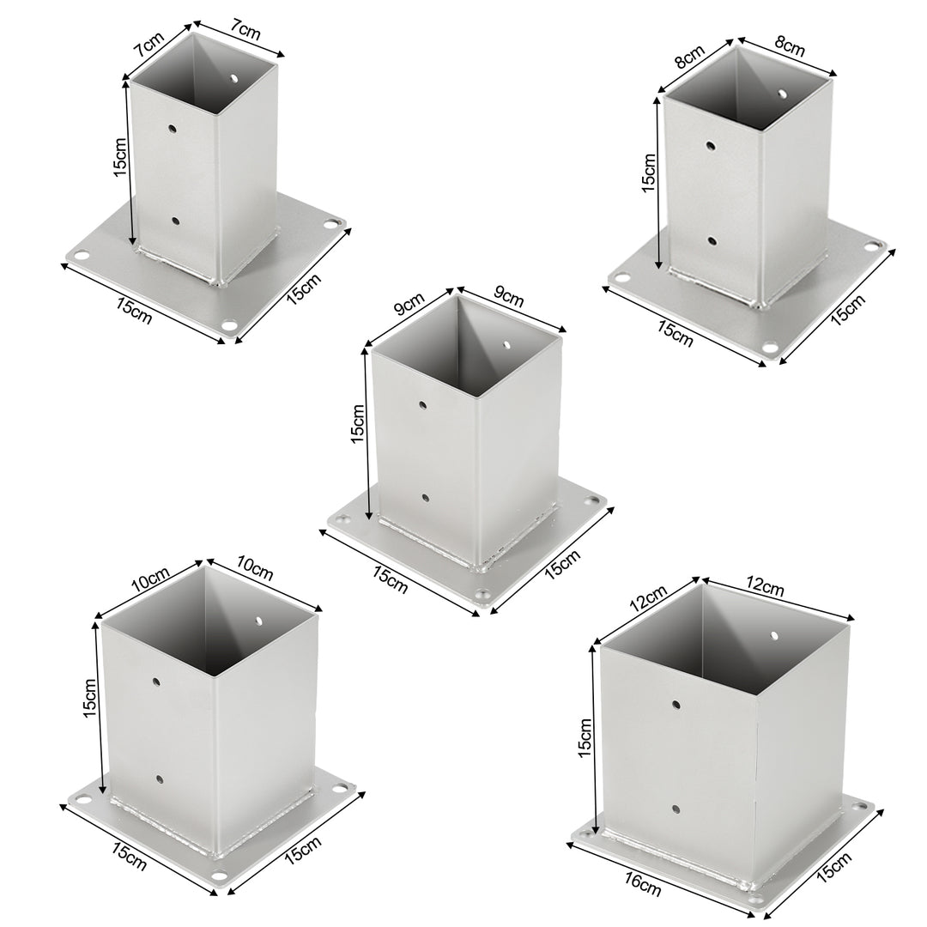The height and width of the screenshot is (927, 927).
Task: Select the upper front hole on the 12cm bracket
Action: [676, 705]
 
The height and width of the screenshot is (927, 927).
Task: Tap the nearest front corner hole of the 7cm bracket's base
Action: [229, 325]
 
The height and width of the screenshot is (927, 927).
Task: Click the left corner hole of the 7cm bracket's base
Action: [81, 255]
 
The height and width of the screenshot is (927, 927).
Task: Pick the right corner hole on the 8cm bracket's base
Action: [877, 245]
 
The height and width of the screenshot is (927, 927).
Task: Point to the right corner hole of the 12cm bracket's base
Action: [859, 807]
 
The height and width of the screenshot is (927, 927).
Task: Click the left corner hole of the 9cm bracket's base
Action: [343, 520]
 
